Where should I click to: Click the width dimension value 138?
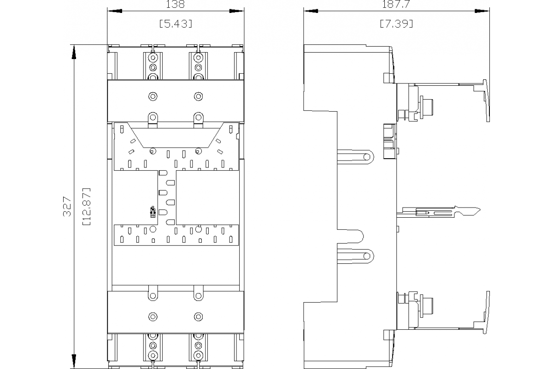click(176, 5)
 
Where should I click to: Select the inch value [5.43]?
click(176, 24)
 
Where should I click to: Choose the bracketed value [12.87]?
click(86, 207)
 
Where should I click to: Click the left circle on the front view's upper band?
click(153, 96)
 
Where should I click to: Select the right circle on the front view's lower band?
click(198, 316)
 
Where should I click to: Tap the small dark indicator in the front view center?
click(153, 212)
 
